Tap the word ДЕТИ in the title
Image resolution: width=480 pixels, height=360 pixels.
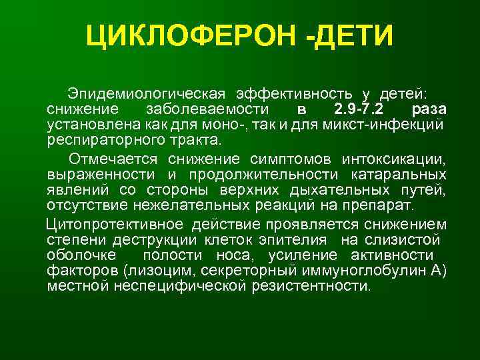pos(352,37)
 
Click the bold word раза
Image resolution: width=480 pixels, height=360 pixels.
pos(429,109)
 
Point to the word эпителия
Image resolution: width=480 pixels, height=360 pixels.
pos(295,239)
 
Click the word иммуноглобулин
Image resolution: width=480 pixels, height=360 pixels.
pos(371,271)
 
